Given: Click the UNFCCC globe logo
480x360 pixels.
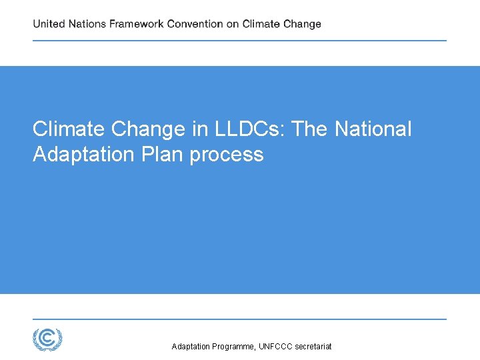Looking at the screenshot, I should (x=47, y=339).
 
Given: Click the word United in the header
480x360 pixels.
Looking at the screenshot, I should (x=49, y=24).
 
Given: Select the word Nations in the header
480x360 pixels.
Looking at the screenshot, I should (x=87, y=24).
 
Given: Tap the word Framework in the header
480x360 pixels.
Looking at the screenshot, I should (x=137, y=24).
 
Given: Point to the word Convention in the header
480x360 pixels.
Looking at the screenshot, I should (x=195, y=24).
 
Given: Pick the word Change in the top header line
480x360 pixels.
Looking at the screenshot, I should (x=302, y=24).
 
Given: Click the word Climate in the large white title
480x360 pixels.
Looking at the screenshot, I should (x=70, y=129).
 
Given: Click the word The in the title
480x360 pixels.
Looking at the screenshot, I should (x=311, y=129).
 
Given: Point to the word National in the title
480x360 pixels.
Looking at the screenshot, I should (x=373, y=129).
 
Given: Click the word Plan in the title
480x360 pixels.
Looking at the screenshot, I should (x=163, y=155).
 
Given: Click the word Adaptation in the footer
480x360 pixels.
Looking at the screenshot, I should (x=191, y=347).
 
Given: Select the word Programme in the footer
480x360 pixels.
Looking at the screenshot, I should (x=233, y=347).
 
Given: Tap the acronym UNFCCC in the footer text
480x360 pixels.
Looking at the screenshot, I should (x=276, y=347).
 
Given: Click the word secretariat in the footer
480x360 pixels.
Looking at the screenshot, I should (x=313, y=347).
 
